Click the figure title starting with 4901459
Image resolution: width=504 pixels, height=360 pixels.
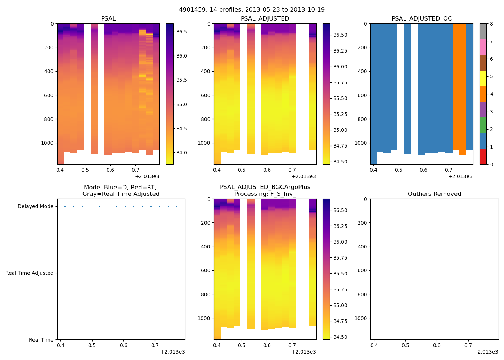point(252,9)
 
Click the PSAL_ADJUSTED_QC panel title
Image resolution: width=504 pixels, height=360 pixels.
point(422,19)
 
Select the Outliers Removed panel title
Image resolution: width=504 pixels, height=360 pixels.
point(434,194)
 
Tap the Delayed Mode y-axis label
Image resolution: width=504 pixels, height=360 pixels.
point(35,206)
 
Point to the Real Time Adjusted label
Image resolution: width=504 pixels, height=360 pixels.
point(29,273)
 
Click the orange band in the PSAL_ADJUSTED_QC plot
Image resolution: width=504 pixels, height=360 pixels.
point(459,86)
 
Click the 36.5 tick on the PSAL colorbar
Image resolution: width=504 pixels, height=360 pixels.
point(181,32)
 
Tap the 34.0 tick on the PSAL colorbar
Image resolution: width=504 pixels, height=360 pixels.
point(181,153)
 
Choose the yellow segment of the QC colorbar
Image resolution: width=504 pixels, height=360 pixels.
point(483,78)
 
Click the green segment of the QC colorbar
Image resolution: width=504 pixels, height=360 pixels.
point(483,125)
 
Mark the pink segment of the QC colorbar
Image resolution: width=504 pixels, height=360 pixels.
point(483,47)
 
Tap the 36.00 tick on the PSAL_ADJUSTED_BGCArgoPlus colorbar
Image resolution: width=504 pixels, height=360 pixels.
point(339,242)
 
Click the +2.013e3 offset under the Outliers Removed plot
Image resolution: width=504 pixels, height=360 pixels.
point(486,352)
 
